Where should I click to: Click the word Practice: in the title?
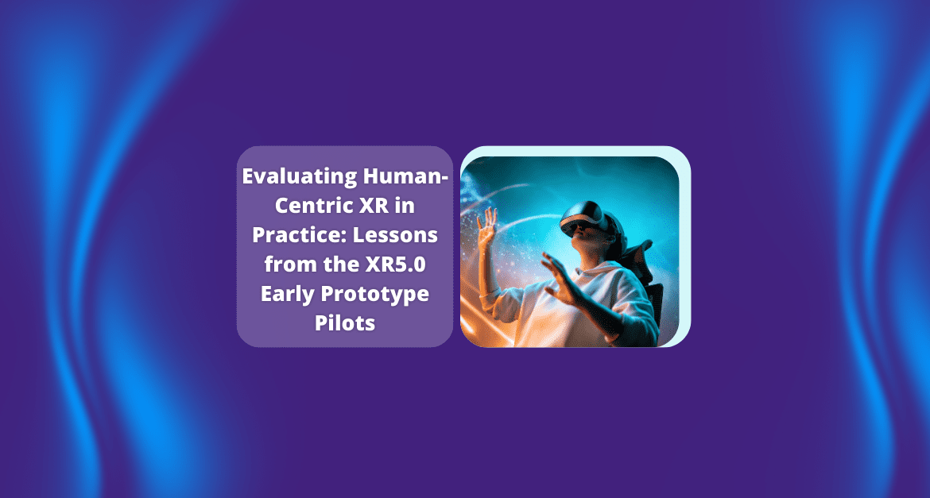click(x=299, y=235)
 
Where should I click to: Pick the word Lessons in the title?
click(x=395, y=235)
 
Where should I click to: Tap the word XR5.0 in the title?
click(x=396, y=264)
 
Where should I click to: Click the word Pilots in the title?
click(x=345, y=322)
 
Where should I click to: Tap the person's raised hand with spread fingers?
click(x=487, y=227)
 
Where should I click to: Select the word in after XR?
click(x=403, y=206)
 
